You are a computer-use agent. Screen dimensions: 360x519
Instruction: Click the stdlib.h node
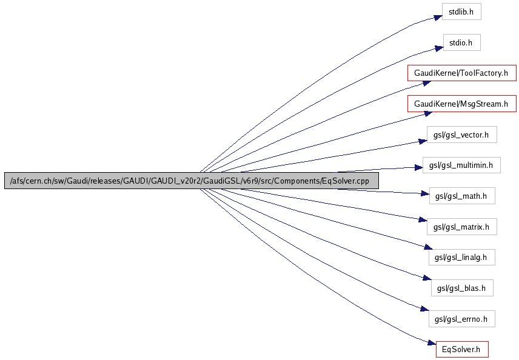pos(462,12)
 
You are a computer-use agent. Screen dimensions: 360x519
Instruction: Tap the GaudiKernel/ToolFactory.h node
pos(462,73)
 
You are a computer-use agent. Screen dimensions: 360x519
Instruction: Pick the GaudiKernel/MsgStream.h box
pos(462,104)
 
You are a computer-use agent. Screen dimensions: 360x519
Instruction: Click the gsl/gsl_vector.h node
pos(462,135)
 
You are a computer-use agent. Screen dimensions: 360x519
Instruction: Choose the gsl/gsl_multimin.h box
pos(462,165)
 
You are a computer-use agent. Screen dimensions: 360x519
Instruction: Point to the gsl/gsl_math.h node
pos(462,196)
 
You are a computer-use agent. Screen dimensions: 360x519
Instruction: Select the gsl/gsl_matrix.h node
pos(462,227)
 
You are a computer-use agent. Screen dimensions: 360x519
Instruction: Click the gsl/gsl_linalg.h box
pos(462,257)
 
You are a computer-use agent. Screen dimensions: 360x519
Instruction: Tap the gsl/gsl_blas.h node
pos(462,288)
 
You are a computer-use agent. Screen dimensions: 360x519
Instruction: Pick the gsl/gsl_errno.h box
pos(462,318)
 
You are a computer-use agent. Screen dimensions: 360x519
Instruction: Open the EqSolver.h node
pos(462,349)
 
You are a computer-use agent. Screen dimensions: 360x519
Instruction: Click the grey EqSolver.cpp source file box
pos(192,181)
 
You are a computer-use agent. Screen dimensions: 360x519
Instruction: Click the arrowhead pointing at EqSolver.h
pos(431,345)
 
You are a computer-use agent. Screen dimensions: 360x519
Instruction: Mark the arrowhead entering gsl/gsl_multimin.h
pos(418,167)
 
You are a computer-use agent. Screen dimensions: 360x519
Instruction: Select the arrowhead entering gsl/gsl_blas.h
pos(425,279)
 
